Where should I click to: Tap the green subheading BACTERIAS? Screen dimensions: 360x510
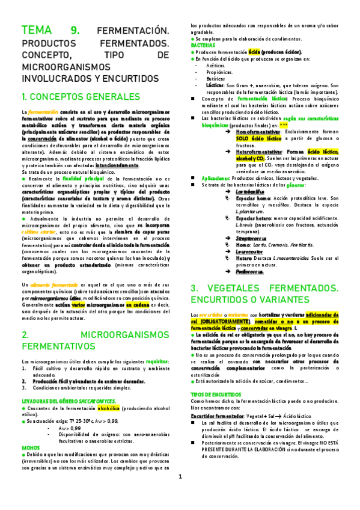click(x=203, y=46)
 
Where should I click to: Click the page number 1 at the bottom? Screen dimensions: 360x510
click(x=180, y=494)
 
